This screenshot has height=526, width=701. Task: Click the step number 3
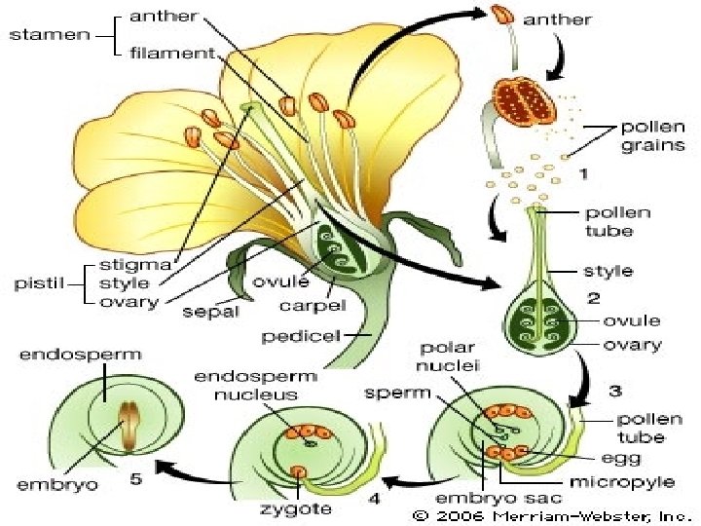[x=614, y=392]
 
